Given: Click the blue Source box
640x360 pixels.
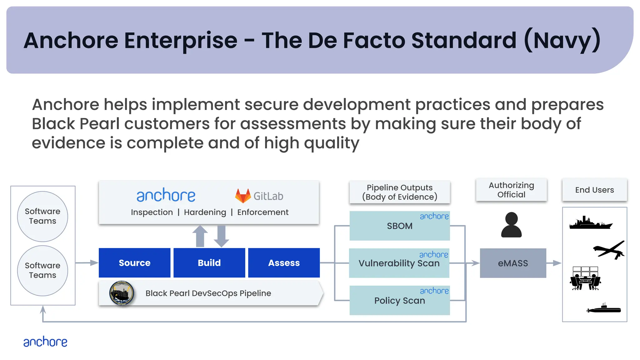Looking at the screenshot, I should (134, 263).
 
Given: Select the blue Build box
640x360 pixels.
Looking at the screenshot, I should (209, 263).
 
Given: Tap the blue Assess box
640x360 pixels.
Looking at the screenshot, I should (284, 263).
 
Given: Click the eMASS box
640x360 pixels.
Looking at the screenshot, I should (513, 263).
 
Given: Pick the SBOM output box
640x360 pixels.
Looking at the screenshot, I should (399, 226).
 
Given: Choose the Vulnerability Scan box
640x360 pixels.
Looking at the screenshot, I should (399, 263).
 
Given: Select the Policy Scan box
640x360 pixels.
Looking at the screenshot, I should (399, 300).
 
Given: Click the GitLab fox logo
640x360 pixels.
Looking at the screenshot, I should (243, 196).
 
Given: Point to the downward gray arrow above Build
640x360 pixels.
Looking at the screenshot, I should (221, 236).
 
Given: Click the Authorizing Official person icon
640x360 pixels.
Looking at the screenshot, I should (511, 225).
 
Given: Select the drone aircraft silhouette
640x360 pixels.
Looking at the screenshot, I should (609, 250).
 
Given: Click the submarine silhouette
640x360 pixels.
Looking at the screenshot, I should (604, 309).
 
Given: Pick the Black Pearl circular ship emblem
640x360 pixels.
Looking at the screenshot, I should (122, 293).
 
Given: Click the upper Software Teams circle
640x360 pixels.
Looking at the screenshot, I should (42, 216).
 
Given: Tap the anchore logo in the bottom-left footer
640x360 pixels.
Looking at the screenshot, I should (45, 342).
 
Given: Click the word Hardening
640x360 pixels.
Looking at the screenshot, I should (205, 212).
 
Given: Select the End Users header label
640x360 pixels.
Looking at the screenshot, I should (594, 190).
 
